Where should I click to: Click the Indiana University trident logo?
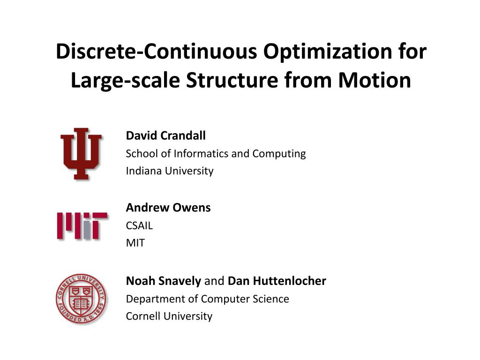(81, 154)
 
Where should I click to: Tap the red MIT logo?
(82, 226)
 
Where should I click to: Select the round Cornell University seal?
(81, 299)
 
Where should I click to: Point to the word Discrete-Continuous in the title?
(156, 52)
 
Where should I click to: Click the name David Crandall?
(165, 136)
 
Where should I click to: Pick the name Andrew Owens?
(168, 208)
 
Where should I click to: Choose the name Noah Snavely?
(164, 281)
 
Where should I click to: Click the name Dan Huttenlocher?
(277, 281)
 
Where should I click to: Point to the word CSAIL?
(139, 226)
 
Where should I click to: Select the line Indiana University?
(169, 171)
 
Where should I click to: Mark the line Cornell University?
(169, 316)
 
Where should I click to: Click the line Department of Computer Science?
(207, 299)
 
